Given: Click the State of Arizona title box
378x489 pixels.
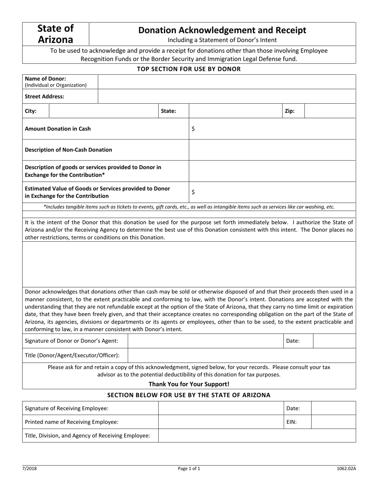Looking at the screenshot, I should [56, 34].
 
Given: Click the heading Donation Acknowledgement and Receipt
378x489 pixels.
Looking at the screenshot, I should [222, 30].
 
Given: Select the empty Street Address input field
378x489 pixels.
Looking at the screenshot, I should [227, 96].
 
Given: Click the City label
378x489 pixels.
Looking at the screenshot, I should [31, 111].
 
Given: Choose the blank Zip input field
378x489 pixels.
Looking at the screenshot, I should [330, 111].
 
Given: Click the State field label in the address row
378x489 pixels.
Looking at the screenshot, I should [168, 111].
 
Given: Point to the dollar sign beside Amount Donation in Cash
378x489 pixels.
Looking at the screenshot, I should [193, 129].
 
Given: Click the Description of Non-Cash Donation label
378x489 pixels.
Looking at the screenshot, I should [68, 150].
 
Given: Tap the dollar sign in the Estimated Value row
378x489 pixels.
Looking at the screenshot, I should [193, 192].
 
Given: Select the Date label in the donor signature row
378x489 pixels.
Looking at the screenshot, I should [293, 341].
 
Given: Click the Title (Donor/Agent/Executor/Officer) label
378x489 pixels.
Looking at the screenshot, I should [72, 355].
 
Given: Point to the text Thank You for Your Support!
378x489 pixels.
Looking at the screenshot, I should [189, 384].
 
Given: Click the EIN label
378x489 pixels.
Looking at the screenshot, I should [291, 422].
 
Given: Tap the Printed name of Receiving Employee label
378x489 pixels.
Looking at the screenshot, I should [72, 422].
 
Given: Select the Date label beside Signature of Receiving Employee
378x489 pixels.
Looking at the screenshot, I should [293, 408].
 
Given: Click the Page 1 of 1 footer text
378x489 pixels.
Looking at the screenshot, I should [189, 469].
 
